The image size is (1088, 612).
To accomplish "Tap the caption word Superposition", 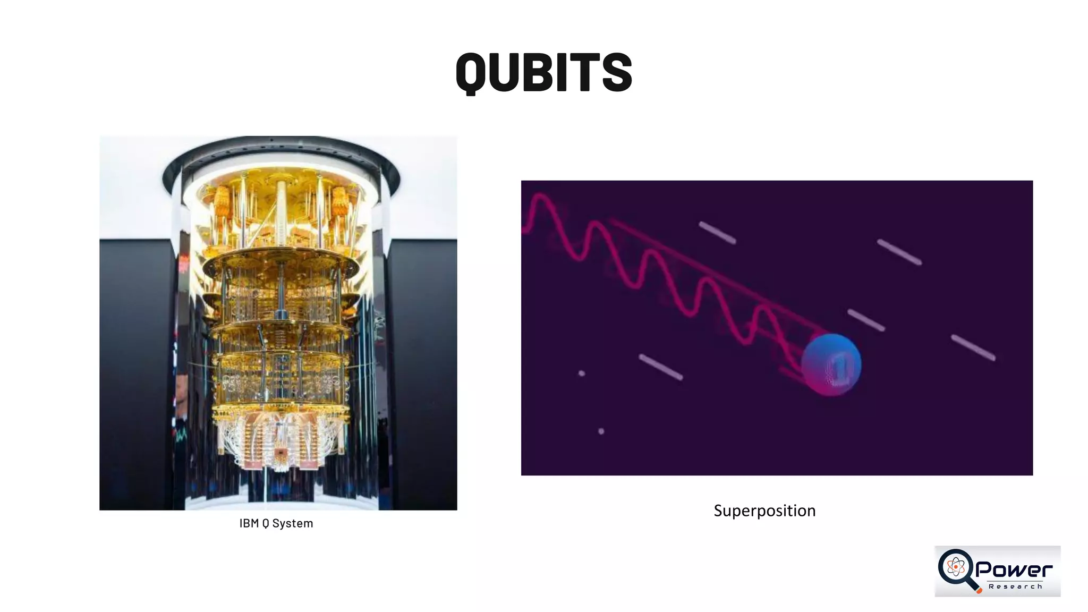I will [764, 511].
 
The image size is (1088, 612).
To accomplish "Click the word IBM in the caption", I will [249, 523].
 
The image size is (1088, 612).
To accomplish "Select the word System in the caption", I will [292, 523].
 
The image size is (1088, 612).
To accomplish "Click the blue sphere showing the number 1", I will [831, 364].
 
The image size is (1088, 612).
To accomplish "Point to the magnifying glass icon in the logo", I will [957, 568].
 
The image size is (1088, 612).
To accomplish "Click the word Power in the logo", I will [1014, 569].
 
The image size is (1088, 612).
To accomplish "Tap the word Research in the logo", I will [1015, 586].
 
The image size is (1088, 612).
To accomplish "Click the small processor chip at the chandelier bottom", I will [280, 453].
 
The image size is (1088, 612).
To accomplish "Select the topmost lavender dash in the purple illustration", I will [717, 233].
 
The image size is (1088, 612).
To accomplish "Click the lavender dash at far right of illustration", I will [973, 348].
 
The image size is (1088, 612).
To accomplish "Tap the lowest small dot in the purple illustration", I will [601, 431].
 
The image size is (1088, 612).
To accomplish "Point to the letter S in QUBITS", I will [616, 73].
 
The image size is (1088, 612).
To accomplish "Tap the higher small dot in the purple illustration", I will [581, 373].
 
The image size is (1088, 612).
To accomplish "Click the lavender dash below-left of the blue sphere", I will [660, 367].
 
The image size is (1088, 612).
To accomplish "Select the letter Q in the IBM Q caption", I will [266, 524].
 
